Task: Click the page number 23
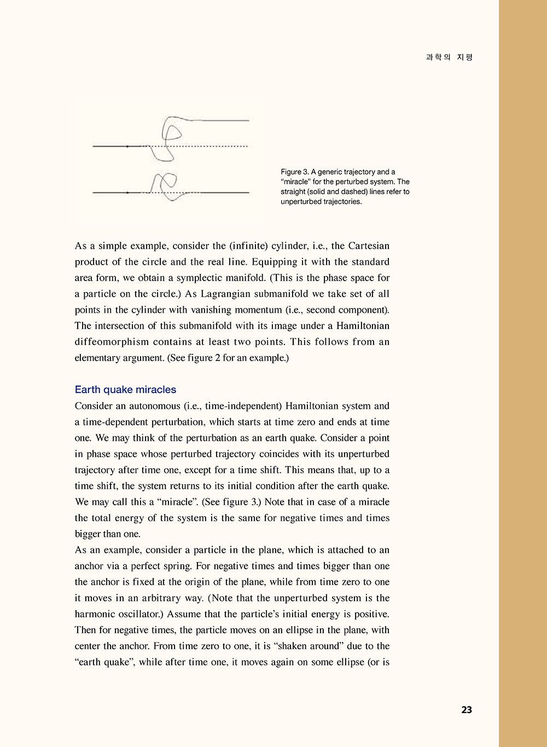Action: point(466,710)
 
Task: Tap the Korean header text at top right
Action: point(449,57)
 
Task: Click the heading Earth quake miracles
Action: point(125,389)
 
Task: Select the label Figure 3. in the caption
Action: point(295,172)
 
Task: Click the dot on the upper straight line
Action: point(127,147)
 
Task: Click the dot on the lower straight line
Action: point(127,192)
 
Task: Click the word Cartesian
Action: point(369,246)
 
